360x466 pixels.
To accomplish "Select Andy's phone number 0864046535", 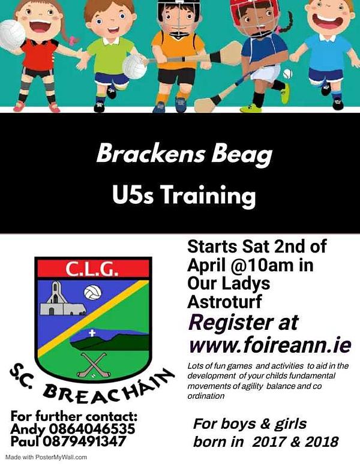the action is (92, 429).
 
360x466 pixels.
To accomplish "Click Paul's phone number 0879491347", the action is (84, 441).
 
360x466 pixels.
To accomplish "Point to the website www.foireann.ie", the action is (270, 345).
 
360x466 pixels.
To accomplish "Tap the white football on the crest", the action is (93, 293).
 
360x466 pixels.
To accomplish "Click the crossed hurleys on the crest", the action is (94, 365).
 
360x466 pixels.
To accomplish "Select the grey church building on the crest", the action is (62, 299).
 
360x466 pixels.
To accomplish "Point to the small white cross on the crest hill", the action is (92, 333).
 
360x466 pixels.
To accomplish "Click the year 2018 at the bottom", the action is (322, 441).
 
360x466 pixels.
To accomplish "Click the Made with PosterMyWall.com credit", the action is (46, 458).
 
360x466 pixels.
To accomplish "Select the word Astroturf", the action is (225, 302).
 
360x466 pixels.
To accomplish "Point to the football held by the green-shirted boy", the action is (134, 67).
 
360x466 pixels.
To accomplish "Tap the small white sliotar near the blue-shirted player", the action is (288, 73).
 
